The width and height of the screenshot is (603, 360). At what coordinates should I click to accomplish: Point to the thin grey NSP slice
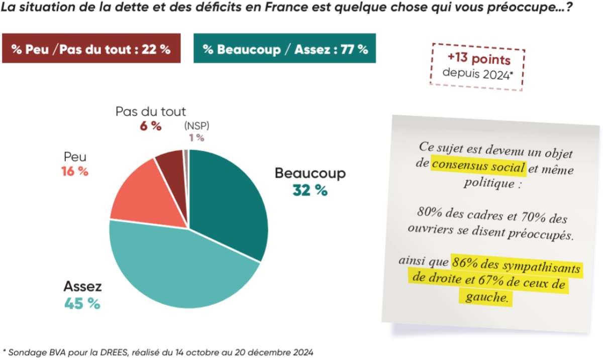coord(186,156)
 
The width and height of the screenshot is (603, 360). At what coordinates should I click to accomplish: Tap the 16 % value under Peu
coord(75,171)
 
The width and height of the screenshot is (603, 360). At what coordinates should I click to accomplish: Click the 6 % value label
coord(151,126)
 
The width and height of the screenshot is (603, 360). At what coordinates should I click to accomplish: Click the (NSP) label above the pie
coord(196,125)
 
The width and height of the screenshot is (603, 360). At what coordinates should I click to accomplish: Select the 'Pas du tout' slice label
coord(151,111)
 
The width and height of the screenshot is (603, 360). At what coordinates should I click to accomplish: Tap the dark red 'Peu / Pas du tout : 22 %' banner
coord(91,49)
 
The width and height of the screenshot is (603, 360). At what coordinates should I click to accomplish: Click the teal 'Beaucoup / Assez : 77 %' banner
coord(284,49)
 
